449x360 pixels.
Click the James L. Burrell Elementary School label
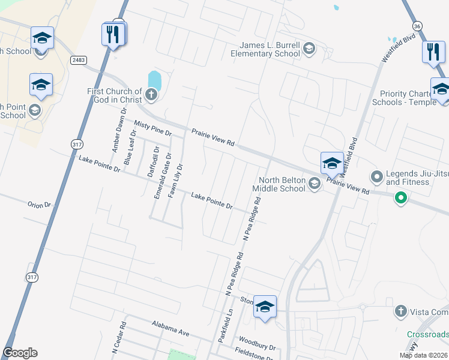[266, 49]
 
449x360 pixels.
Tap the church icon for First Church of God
[152, 94]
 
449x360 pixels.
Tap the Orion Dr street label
[40, 205]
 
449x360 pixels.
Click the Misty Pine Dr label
[153, 127]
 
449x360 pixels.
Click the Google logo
[20, 353]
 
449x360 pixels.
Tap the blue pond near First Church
[154, 79]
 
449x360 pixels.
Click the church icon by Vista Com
[401, 311]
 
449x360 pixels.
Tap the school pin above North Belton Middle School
[332, 163]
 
